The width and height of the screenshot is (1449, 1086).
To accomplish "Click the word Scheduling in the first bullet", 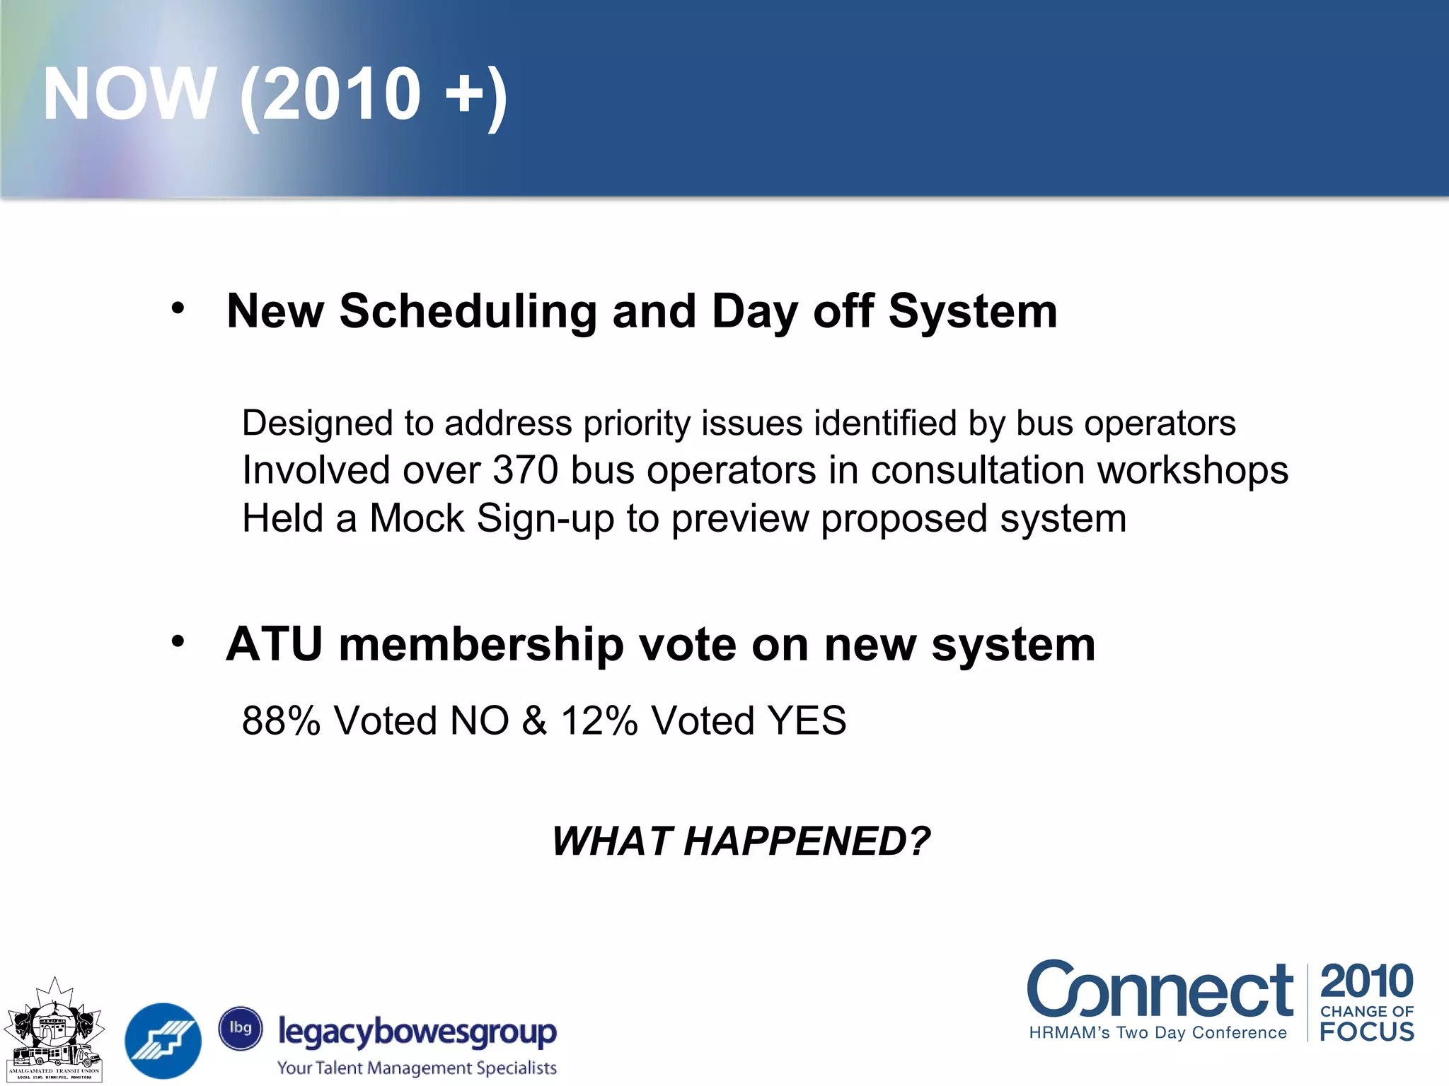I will click(x=468, y=311).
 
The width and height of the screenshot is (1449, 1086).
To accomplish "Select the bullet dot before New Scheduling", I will click(x=178, y=308).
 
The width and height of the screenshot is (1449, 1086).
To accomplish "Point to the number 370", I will click(x=525, y=470).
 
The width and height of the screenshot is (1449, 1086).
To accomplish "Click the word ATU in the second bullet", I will click(x=275, y=645).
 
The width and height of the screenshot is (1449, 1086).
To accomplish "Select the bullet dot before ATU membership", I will click(x=178, y=642).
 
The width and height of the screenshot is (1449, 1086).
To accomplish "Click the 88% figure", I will click(x=281, y=720).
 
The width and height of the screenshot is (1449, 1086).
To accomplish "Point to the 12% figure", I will click(x=599, y=720).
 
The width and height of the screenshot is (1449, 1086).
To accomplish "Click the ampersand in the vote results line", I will click(x=535, y=720).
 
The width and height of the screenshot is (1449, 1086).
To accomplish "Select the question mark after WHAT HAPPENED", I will click(x=918, y=841).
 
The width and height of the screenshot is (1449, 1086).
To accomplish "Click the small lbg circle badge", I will click(x=241, y=1028).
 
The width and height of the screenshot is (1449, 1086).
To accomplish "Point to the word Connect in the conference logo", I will click(x=1160, y=991).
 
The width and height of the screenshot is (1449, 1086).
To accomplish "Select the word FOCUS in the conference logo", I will click(x=1367, y=1032).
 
